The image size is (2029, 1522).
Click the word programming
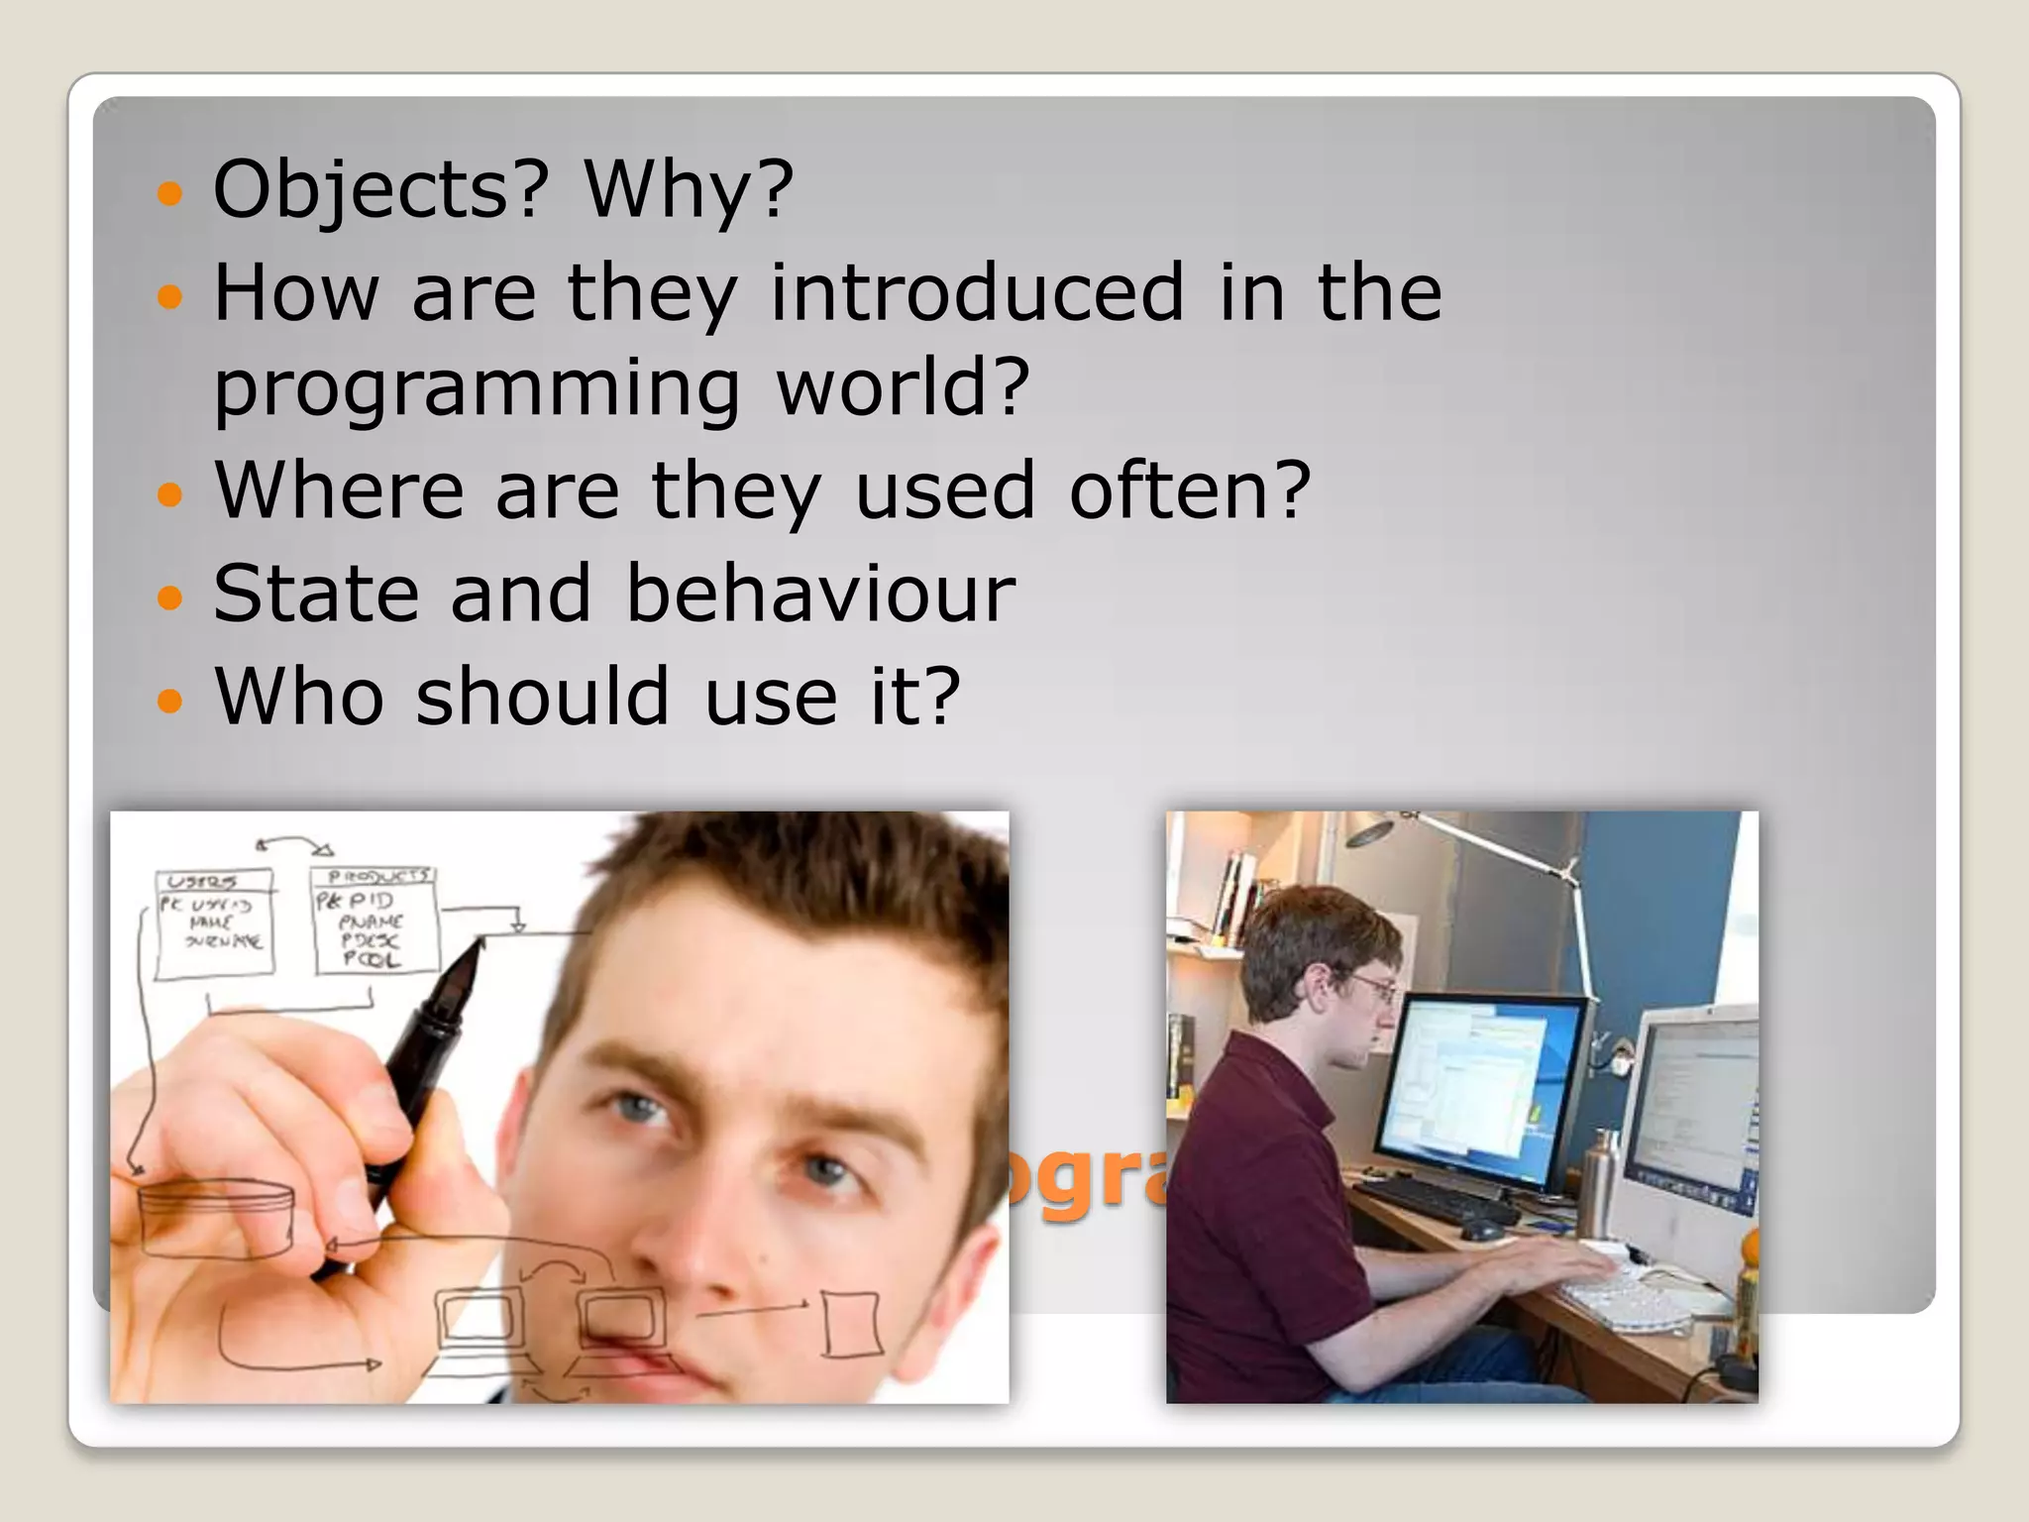(477, 388)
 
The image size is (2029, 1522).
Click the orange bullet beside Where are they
(171, 493)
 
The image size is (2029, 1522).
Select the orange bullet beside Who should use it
(171, 701)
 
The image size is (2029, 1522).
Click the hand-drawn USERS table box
(214, 923)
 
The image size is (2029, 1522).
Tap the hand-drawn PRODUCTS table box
(374, 921)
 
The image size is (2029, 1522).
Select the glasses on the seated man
(1374, 986)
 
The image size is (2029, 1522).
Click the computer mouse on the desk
(1482, 1230)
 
